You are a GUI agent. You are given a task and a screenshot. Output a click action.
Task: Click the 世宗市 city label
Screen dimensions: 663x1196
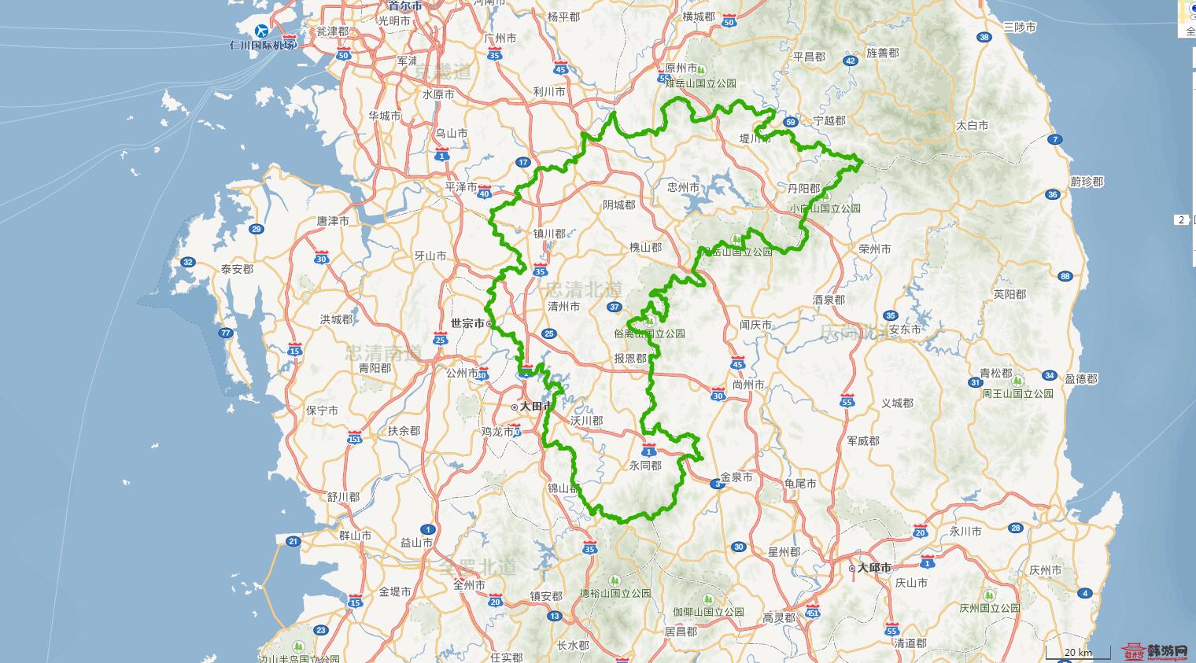pyautogui.click(x=467, y=322)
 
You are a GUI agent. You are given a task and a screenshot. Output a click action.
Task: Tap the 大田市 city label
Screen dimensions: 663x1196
pyautogui.click(x=534, y=407)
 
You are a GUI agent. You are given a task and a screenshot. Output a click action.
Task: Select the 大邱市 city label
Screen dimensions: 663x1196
pyautogui.click(x=874, y=567)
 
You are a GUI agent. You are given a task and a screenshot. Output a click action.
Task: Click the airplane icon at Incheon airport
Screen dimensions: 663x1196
pyautogui.click(x=261, y=31)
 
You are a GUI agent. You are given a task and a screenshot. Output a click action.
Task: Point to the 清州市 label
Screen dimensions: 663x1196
pyautogui.click(x=563, y=306)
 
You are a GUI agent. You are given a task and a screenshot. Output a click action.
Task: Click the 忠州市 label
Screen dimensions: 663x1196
pyautogui.click(x=683, y=187)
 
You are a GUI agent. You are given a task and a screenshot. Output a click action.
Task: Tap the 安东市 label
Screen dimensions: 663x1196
pyautogui.click(x=905, y=330)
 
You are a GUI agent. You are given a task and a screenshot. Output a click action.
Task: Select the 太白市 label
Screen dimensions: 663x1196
pyautogui.click(x=972, y=125)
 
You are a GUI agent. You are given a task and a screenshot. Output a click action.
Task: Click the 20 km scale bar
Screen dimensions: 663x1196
pyautogui.click(x=1077, y=653)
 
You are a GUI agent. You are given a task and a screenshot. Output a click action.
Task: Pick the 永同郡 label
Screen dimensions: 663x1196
pyautogui.click(x=645, y=466)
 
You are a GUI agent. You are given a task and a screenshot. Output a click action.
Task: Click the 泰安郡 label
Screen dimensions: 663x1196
pyautogui.click(x=237, y=269)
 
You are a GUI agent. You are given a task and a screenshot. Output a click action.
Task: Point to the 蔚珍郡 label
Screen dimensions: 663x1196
pyautogui.click(x=1087, y=182)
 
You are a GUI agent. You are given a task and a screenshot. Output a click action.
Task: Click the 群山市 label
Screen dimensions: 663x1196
pyautogui.click(x=355, y=535)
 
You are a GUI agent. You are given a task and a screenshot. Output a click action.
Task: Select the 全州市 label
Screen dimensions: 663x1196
pyautogui.click(x=470, y=584)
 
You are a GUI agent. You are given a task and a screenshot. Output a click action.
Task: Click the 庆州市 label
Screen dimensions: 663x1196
pyautogui.click(x=1046, y=570)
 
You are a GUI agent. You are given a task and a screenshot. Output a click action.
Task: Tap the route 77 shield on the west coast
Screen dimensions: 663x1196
pyautogui.click(x=226, y=333)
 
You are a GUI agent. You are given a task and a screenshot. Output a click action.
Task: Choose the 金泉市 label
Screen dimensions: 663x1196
pyautogui.click(x=736, y=477)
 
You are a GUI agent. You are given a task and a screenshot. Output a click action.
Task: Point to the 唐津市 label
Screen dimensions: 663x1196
pyautogui.click(x=333, y=222)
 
